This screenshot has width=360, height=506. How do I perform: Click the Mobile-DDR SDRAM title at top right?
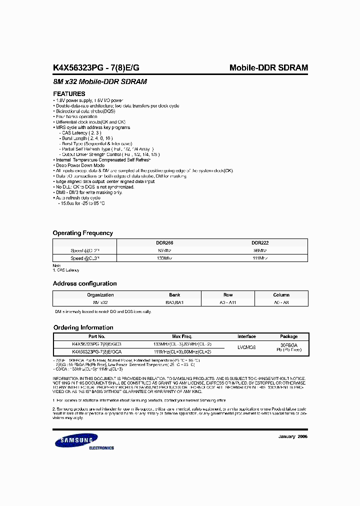pyautogui.click(x=268, y=68)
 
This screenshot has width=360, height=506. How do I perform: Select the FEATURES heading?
pyautogui.click(x=69, y=94)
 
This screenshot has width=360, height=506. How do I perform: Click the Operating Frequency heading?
pyautogui.click(x=83, y=233)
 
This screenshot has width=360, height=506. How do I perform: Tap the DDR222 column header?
pyautogui.click(x=260, y=242)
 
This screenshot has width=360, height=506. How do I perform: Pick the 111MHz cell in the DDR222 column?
pyautogui.click(x=260, y=258)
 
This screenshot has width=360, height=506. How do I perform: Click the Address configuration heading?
pyautogui.click(x=84, y=283)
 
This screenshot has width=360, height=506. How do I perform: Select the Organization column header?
pyautogui.click(x=100, y=295)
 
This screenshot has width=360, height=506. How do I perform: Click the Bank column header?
pyautogui.click(x=174, y=295)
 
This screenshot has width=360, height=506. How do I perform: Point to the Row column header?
pyautogui.click(x=228, y=295)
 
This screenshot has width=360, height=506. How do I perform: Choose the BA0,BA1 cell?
pyautogui.click(x=174, y=302)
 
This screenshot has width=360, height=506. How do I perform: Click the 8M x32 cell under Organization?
pyautogui.click(x=100, y=302)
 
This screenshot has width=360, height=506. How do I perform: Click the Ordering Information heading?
pyautogui.click(x=83, y=327)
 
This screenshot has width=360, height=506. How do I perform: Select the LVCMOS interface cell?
pyautogui.click(x=246, y=348)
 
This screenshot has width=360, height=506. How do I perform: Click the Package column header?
pyautogui.click(x=288, y=336)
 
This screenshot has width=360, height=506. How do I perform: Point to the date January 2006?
pyautogui.click(x=292, y=436)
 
